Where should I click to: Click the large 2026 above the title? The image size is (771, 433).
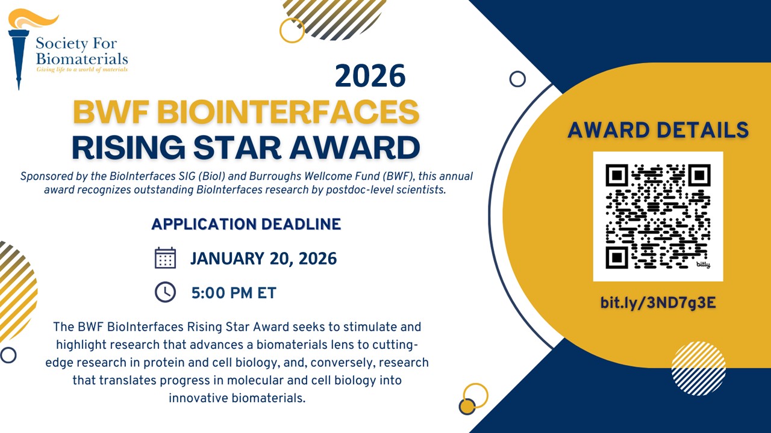point(370,76)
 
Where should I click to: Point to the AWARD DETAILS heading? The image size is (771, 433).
point(658,130)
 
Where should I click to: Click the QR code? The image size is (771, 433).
point(658,216)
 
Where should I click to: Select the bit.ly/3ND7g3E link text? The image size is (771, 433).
point(658,302)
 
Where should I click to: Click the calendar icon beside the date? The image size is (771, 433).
point(165,258)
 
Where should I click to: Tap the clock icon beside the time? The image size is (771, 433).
point(165,292)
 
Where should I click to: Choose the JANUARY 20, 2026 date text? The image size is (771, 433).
point(263,259)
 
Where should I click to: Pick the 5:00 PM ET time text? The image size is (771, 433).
point(234,293)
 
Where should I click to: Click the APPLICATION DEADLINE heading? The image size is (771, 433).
point(246,224)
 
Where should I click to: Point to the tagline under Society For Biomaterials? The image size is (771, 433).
point(82,70)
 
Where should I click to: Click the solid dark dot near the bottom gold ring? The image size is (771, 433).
point(467,407)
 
